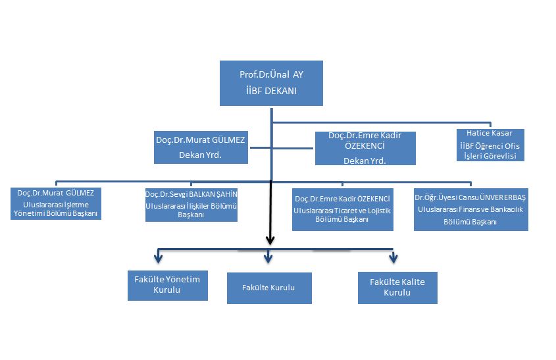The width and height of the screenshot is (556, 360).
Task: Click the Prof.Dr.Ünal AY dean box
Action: click(271, 83)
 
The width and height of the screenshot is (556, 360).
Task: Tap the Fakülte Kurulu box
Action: click(269, 288)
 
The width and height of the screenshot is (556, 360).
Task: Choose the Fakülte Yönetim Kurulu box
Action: click(167, 284)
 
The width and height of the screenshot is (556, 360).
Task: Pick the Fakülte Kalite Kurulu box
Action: click(397, 287)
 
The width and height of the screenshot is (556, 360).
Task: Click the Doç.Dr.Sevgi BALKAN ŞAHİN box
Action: click(191, 204)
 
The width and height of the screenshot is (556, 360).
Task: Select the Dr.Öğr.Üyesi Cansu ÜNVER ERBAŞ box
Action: click(470, 209)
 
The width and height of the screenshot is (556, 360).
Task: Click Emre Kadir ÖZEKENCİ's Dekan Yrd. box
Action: click(365, 147)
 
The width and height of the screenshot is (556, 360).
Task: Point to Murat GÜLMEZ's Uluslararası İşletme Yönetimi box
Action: click(56, 203)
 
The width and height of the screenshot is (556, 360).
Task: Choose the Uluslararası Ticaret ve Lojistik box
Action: click(342, 209)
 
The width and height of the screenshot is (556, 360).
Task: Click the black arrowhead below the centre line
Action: click(269, 240)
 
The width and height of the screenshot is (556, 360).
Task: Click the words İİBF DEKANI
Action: click(271, 91)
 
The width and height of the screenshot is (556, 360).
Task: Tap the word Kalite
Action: click(411, 282)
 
